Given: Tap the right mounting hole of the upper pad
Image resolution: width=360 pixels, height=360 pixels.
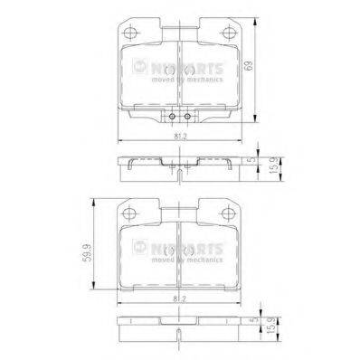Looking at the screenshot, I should [x=228, y=37].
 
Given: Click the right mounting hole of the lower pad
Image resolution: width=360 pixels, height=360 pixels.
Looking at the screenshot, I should [x=228, y=213].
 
